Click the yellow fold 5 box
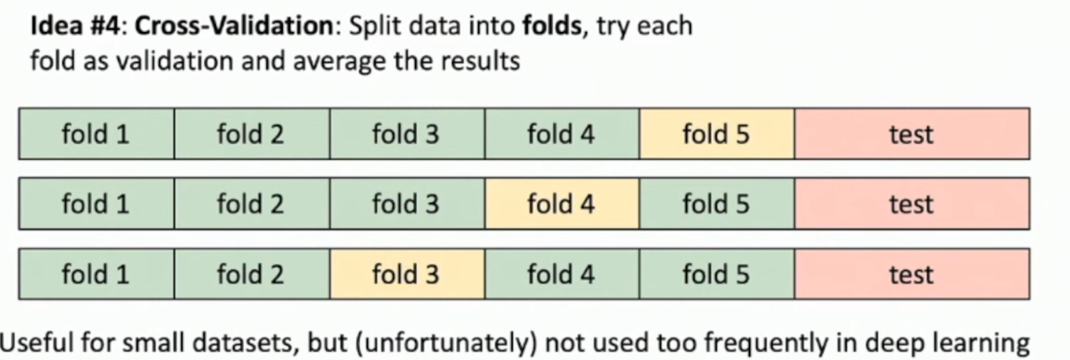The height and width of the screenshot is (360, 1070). click(716, 134)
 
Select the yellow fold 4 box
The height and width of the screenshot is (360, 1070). click(561, 204)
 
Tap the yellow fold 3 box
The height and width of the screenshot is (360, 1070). click(406, 274)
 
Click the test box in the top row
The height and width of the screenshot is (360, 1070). click(912, 134)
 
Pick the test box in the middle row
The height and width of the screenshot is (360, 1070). click(912, 204)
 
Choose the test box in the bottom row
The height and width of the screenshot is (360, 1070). click(912, 274)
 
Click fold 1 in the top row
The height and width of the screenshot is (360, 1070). click(96, 134)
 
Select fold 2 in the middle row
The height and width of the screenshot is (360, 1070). click(250, 204)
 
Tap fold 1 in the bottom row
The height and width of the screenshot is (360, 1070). click(96, 274)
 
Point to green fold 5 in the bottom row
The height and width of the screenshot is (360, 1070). click(716, 274)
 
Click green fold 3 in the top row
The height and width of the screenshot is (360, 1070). click(406, 134)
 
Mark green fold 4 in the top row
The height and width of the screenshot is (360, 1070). click(561, 134)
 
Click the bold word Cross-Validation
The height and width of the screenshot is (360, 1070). click(234, 27)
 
